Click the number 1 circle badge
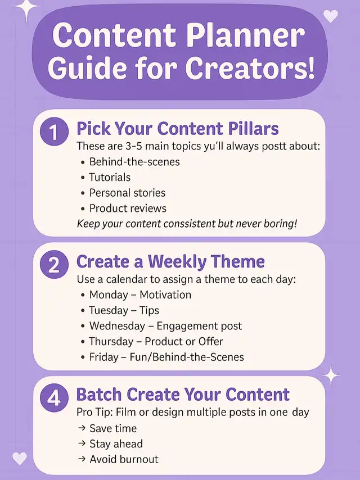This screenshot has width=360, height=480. (54, 132)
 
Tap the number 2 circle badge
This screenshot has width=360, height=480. (54, 265)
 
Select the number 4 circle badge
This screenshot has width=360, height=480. (54, 397)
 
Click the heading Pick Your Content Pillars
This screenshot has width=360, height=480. (178, 129)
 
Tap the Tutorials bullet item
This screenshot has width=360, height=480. (106, 177)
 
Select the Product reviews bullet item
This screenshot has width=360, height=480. (124, 209)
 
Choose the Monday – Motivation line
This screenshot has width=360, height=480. (136, 295)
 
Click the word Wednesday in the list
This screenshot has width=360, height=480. (117, 326)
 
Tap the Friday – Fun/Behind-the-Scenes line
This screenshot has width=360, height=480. (163, 357)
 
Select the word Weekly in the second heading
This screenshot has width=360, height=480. (177, 262)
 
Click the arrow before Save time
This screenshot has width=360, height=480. (82, 428)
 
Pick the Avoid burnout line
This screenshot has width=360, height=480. (119, 459)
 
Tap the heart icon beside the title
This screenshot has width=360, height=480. (331, 16)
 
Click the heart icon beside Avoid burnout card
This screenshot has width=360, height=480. (20, 459)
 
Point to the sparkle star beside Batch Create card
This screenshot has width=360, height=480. (331, 375)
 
